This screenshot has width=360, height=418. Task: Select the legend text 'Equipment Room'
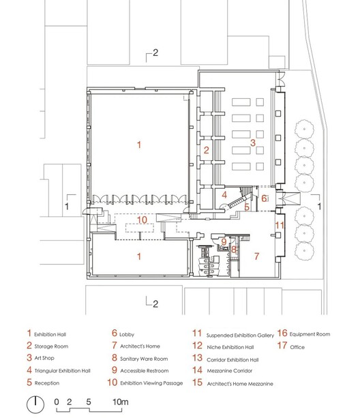tap(312, 334)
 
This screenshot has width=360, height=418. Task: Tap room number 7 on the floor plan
tap(256, 256)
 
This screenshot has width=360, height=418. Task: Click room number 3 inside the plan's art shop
tap(252, 143)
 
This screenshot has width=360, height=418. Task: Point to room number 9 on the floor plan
tap(223, 241)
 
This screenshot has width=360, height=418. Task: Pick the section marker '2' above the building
tap(155, 53)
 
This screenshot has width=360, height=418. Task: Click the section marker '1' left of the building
tap(66, 204)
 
